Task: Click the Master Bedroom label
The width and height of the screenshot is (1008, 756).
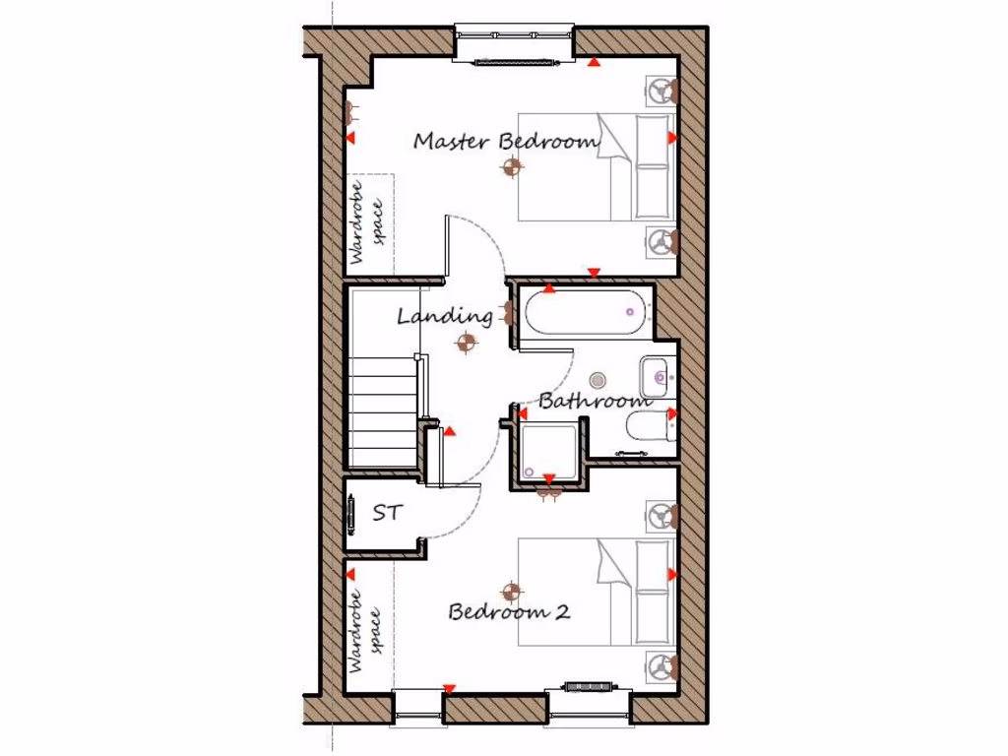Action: (x=506, y=141)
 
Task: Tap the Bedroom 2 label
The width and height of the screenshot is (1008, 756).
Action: (x=509, y=611)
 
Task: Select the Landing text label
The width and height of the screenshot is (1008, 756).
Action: (x=444, y=316)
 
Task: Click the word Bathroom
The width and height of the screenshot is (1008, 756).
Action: (x=595, y=401)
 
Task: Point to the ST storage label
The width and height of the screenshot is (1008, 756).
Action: (x=386, y=513)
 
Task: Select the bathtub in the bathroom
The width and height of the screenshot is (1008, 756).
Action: (x=585, y=314)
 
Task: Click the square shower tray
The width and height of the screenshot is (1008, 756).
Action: (x=549, y=452)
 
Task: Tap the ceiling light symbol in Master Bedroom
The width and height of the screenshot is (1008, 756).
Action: (x=510, y=168)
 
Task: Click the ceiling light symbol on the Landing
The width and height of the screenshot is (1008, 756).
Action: (x=467, y=343)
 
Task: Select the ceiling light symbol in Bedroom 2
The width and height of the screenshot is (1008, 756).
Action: (x=510, y=591)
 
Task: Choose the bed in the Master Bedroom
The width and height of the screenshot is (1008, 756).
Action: (x=597, y=166)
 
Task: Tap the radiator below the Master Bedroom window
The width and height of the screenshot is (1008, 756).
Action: (x=513, y=63)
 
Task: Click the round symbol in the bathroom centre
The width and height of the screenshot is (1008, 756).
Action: (x=598, y=380)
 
